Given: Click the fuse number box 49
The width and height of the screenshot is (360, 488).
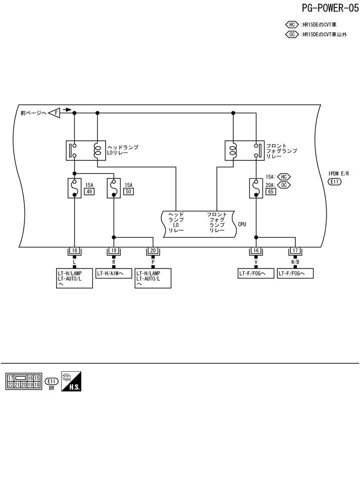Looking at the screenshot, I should pyautogui.click(x=90, y=191).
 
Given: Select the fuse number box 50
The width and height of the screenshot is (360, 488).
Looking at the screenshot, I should pyautogui.click(x=129, y=191).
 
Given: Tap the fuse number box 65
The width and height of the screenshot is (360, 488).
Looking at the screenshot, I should pyautogui.click(x=271, y=191).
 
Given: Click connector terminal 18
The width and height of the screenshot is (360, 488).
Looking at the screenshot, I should pyautogui.click(x=75, y=251).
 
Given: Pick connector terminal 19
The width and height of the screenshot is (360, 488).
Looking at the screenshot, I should pyautogui.click(x=114, y=251).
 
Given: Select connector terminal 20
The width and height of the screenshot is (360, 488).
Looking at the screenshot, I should pyautogui.click(x=153, y=251).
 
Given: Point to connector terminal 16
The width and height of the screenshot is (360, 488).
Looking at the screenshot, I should pyautogui.click(x=256, y=251).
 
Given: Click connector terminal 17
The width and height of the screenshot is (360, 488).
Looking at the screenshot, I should pyautogui.click(x=295, y=251).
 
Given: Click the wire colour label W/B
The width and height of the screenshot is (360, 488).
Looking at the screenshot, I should pyautogui.click(x=295, y=262).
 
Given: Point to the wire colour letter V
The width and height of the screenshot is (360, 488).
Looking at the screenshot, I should pyautogui.click(x=256, y=262).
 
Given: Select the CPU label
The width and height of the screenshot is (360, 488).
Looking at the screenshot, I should pyautogui.click(x=242, y=224).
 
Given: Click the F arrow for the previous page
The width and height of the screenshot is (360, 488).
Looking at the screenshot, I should pyautogui.click(x=55, y=113).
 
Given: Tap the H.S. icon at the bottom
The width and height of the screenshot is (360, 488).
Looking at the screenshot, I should pyautogui.click(x=71, y=381).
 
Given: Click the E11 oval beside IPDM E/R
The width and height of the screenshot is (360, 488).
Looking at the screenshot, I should pyautogui.click(x=334, y=182).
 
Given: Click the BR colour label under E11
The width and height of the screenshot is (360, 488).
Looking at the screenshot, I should pyautogui.click(x=52, y=388).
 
